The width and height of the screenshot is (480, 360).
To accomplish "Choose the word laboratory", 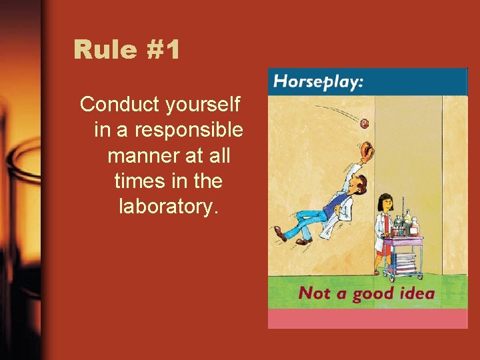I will pyautogui.click(x=168, y=207).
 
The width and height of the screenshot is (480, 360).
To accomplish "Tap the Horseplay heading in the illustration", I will pyautogui.click(x=319, y=83).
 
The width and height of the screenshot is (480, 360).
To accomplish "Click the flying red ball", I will pyautogui.click(x=365, y=123).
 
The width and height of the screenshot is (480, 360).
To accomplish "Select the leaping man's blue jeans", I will pyautogui.click(x=313, y=221).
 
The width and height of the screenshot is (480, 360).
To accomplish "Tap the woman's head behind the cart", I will pyautogui.click(x=384, y=203).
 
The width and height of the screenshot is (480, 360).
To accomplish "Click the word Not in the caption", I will pyautogui.click(x=315, y=293).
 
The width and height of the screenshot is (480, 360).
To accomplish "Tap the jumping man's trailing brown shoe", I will pyautogui.click(x=279, y=233).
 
